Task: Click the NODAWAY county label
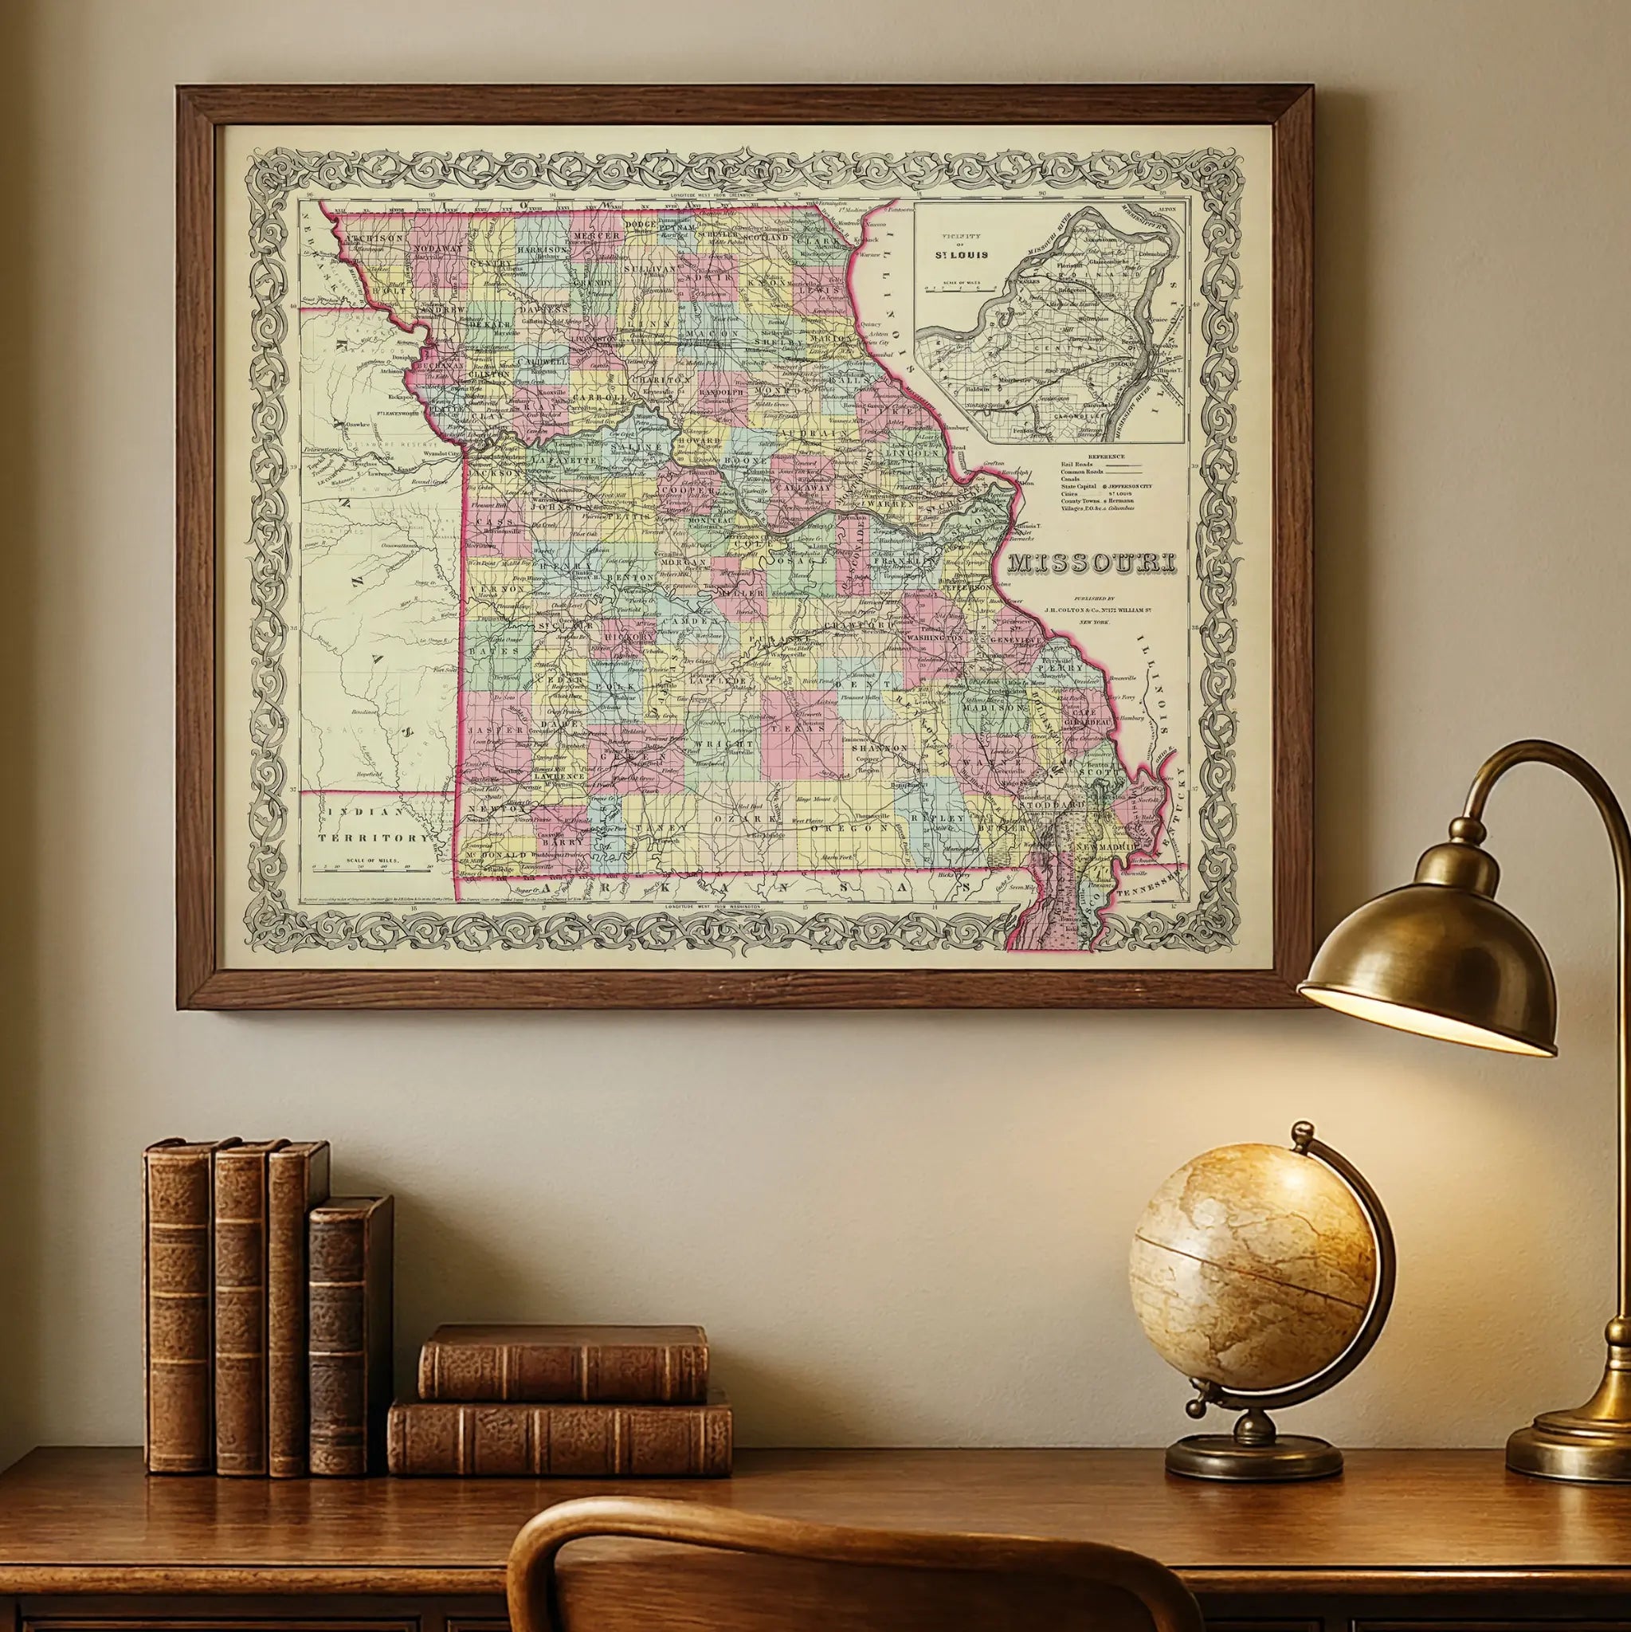(x=439, y=249)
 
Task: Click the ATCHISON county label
(x=374, y=239)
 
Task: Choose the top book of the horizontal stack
(x=563, y=1364)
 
